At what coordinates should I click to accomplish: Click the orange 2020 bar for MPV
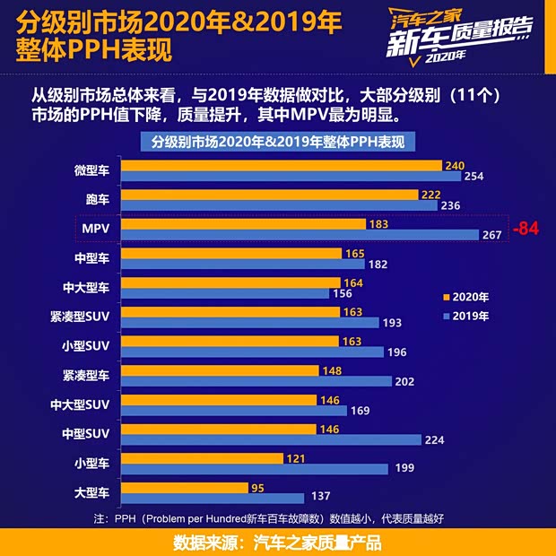pyautogui.click(x=242, y=224)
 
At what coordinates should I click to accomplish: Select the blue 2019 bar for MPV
pyautogui.click(x=300, y=235)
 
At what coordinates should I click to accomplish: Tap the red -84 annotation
pyautogui.click(x=525, y=230)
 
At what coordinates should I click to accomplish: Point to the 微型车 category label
pyautogui.click(x=92, y=170)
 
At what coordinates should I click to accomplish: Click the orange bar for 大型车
pyautogui.click(x=184, y=487)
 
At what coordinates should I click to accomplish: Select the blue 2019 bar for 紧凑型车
pyautogui.click(x=256, y=381)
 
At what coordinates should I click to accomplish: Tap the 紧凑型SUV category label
pyautogui.click(x=81, y=317)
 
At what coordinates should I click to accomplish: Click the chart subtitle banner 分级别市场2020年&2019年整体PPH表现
pyautogui.click(x=277, y=142)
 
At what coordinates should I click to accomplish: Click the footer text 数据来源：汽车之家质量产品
pyautogui.click(x=277, y=542)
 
